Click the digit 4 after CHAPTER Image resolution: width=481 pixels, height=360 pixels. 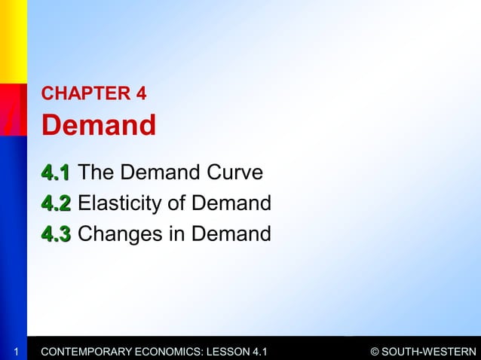(x=140, y=94)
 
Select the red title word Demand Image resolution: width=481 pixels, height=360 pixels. (x=98, y=125)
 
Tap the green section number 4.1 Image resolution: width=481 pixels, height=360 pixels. (x=56, y=173)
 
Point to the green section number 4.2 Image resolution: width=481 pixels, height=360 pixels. (x=56, y=203)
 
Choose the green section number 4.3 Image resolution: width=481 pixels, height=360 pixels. (x=56, y=233)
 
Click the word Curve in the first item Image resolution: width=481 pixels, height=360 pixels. (x=233, y=173)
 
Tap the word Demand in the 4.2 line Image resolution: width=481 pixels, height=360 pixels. (x=231, y=203)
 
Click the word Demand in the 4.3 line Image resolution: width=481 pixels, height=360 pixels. (x=231, y=233)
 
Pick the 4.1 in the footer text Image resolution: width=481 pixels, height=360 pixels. (x=258, y=351)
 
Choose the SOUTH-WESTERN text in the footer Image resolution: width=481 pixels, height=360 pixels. (x=430, y=351)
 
